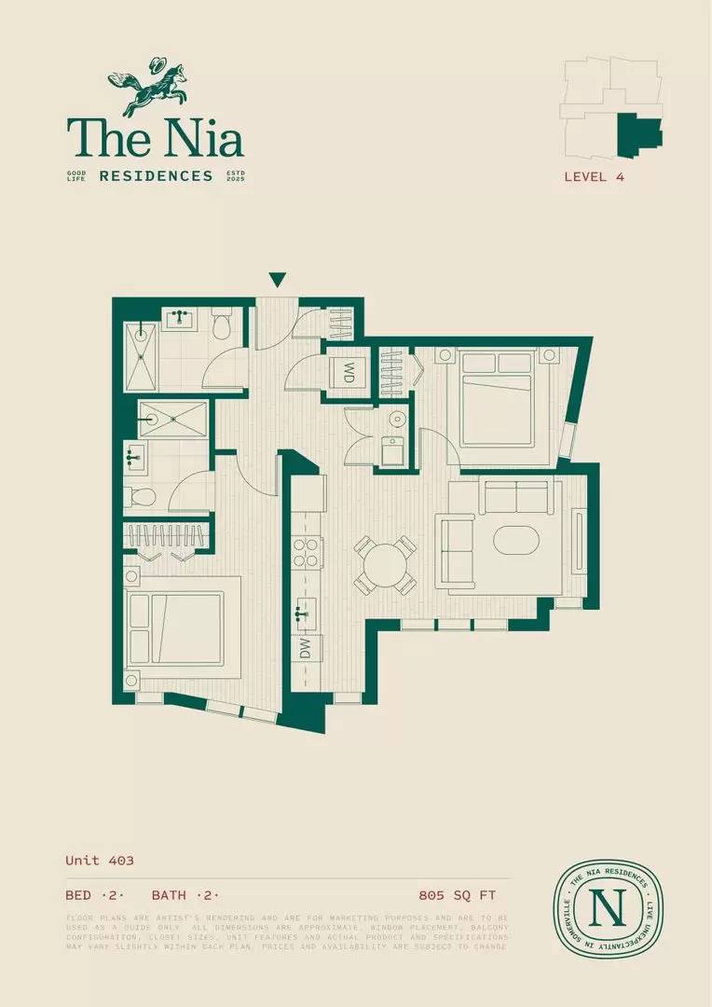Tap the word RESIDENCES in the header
pos(156,175)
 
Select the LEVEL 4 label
pos(594,176)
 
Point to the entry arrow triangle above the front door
pos(277,280)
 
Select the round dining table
pos(385,565)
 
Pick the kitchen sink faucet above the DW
pos(301,614)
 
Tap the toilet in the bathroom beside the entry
pos(222,325)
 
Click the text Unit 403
pos(100,861)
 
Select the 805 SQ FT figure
pos(458,895)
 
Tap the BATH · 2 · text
pos(185,895)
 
